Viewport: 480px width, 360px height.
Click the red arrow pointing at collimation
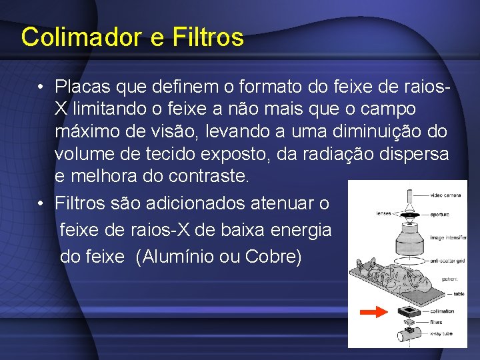coord(373,311)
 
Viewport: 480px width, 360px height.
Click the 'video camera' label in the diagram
coord(444,195)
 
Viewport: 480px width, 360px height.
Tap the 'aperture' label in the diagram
coord(439,214)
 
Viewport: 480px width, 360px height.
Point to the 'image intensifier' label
coord(448,237)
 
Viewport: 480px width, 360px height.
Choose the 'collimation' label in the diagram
coord(442,311)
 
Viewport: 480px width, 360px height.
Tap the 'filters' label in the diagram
coord(436,322)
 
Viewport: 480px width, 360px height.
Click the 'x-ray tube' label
coord(440,333)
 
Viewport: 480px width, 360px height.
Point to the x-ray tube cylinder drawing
coord(406,335)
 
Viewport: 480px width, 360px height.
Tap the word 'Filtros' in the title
coord(207,37)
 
